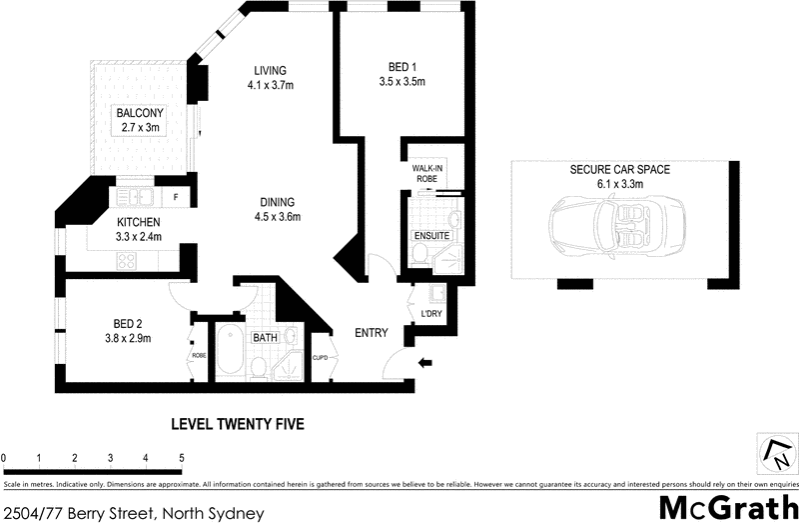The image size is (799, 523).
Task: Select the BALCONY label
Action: (140, 113)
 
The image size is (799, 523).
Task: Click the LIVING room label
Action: (270, 71)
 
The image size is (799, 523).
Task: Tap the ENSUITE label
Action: (431, 236)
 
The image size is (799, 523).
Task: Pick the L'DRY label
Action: (431, 314)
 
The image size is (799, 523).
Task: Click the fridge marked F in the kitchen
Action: (176, 197)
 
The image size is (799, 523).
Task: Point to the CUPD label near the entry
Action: (321, 356)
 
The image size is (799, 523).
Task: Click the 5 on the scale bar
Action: (182, 458)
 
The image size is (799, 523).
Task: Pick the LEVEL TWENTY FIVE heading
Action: (238, 424)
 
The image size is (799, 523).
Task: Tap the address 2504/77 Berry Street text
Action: (133, 513)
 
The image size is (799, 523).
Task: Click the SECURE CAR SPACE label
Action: (619, 170)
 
